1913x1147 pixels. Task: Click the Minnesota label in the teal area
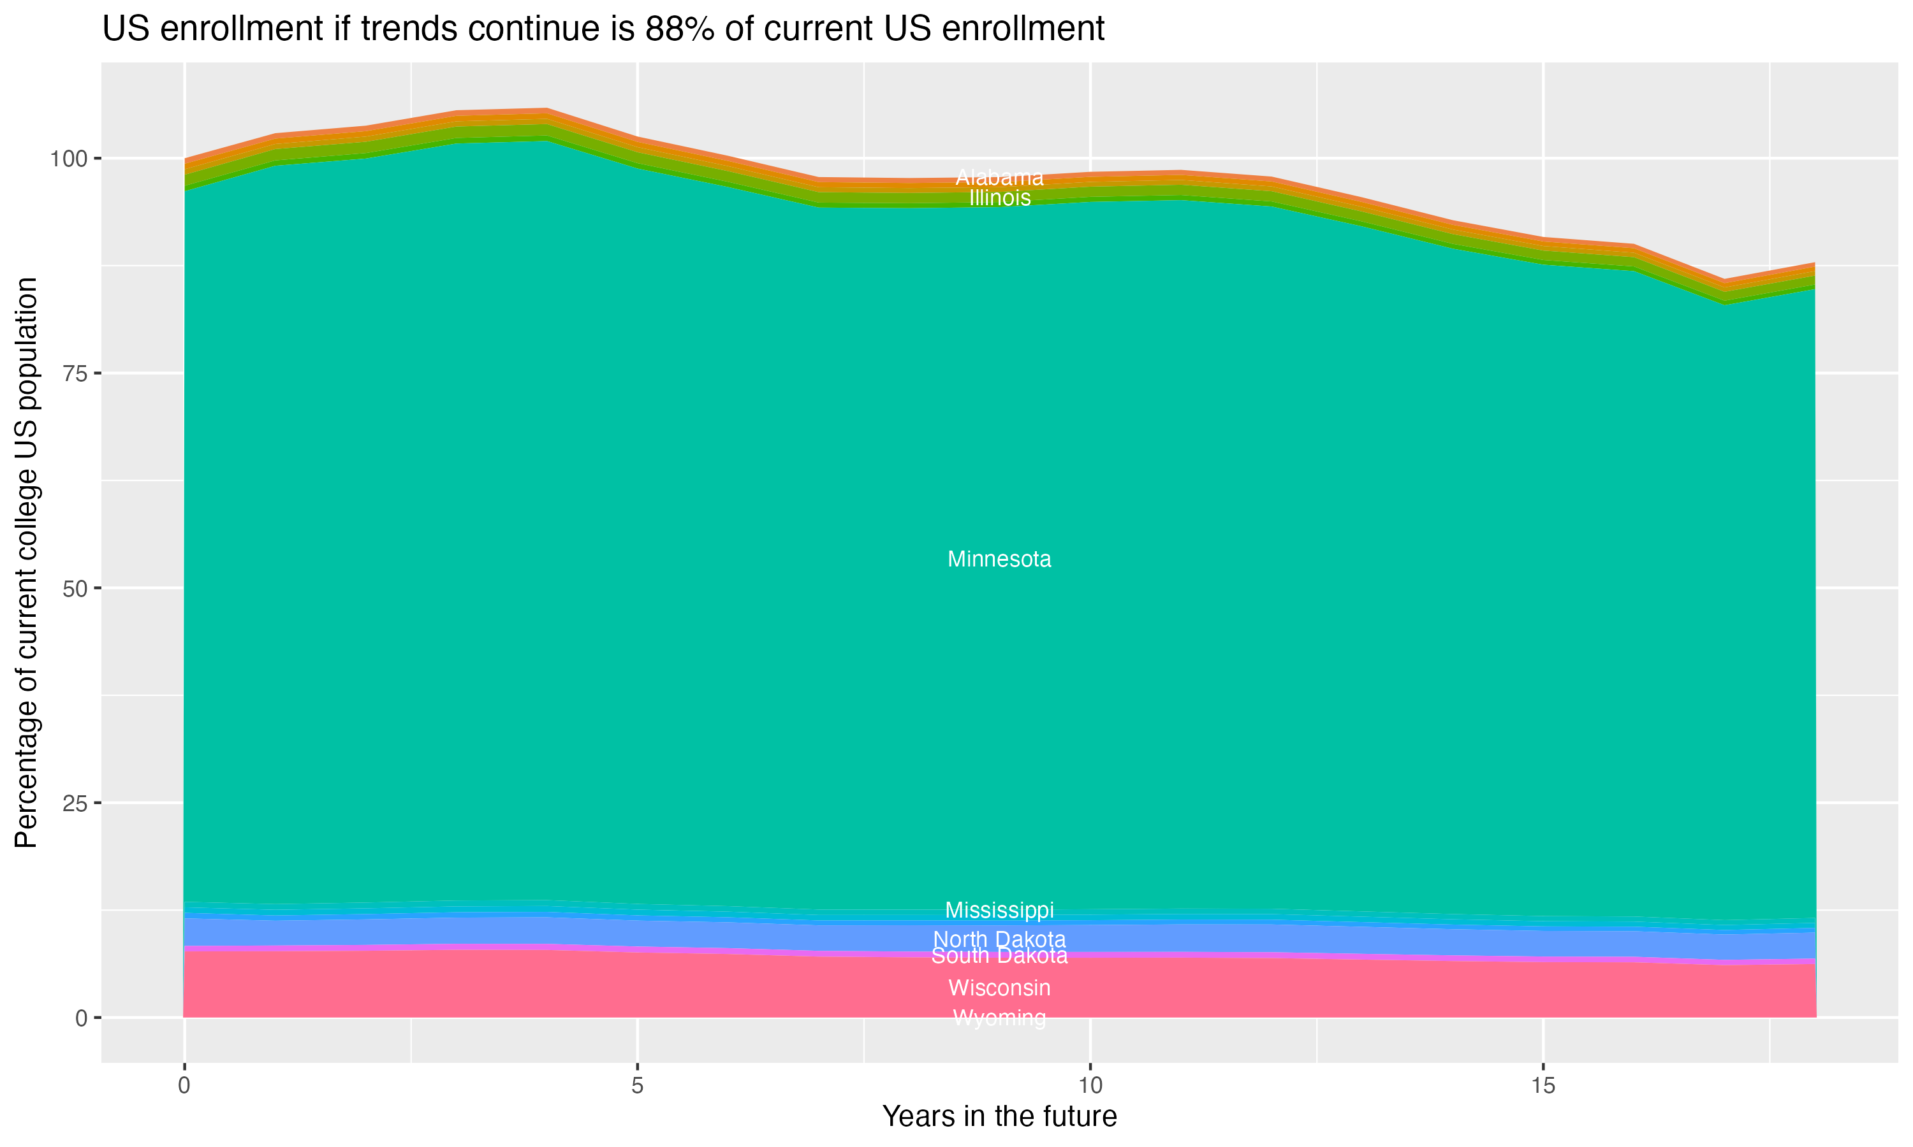[x=999, y=559]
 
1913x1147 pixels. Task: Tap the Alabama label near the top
[x=999, y=178]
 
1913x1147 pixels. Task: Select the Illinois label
[x=999, y=198]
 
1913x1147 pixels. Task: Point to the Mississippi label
[x=999, y=910]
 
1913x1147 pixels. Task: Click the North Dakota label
[x=999, y=939]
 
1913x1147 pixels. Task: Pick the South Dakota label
[x=999, y=956]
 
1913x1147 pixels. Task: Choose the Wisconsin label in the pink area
[x=999, y=988]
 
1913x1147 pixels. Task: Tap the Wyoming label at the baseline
[x=999, y=1018]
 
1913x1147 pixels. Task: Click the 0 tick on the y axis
[x=80, y=1018]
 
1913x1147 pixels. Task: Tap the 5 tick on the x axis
[x=637, y=1086]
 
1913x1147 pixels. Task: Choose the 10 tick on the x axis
[x=1090, y=1086]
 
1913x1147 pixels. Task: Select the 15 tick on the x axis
[x=1543, y=1086]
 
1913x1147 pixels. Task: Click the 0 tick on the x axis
[x=184, y=1086]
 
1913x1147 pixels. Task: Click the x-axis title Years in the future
[x=999, y=1116]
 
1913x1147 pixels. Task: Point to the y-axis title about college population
[x=26, y=563]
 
